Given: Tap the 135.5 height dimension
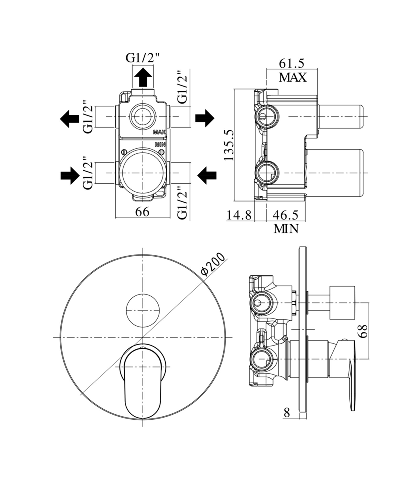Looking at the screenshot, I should (228, 145).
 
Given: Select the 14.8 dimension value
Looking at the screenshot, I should (239, 215).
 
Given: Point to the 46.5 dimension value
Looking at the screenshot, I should (285, 215).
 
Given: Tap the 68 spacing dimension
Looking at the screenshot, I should (362, 331).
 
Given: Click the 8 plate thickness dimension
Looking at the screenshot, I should (287, 412).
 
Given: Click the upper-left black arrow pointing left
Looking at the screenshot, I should (69, 118).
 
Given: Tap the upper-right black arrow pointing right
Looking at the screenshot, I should (205, 118).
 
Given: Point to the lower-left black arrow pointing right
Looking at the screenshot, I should (70, 175).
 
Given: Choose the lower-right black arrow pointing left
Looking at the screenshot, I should (207, 175).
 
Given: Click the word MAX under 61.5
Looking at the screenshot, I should (292, 78).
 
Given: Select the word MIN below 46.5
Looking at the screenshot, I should (286, 229).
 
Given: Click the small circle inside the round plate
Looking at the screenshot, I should (143, 310).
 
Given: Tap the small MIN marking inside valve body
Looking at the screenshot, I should (160, 144).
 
